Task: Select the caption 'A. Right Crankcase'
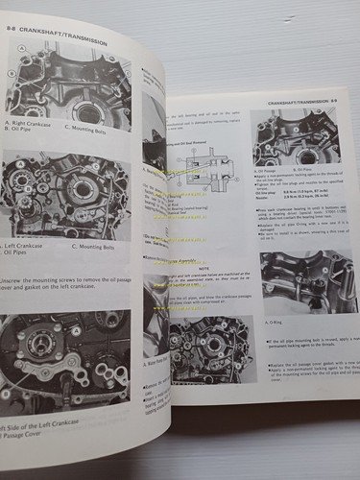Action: pyautogui.click(x=34, y=122)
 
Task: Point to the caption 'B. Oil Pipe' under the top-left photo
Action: pyautogui.click(x=26, y=132)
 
